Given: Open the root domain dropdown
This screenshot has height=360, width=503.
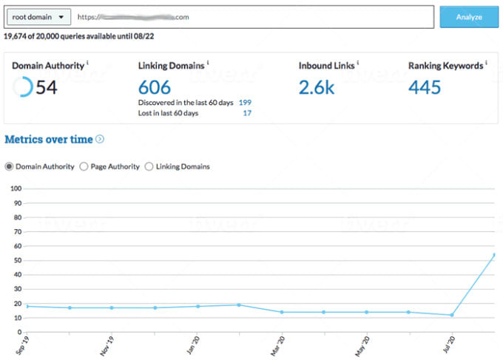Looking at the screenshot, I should point(38,16).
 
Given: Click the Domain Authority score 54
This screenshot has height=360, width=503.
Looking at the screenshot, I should point(47,87).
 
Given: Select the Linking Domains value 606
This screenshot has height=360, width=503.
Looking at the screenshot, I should point(155,87).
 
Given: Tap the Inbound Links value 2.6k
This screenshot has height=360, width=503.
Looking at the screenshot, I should point(316,87).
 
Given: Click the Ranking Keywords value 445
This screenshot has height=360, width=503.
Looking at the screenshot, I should point(425,87).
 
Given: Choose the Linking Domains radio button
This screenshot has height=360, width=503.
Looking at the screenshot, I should point(149,166).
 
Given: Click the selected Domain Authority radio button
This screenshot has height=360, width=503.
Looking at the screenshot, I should point(9,166).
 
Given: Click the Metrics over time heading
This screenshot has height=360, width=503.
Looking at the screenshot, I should point(49,139).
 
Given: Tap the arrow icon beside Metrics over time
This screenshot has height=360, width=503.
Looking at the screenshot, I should point(100,139).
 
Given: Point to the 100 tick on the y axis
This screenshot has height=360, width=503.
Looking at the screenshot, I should point(14,189).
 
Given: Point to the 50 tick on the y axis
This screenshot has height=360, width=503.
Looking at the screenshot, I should point(16,261).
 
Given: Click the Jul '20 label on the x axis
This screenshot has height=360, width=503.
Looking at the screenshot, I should point(449,346).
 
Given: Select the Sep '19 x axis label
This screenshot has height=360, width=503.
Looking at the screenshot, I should point(24,346).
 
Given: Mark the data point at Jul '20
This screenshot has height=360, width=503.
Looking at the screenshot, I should point(451,315).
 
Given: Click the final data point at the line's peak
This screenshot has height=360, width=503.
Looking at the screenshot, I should point(493,255).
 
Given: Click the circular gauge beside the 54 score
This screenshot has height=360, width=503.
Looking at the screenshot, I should point(23,87).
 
